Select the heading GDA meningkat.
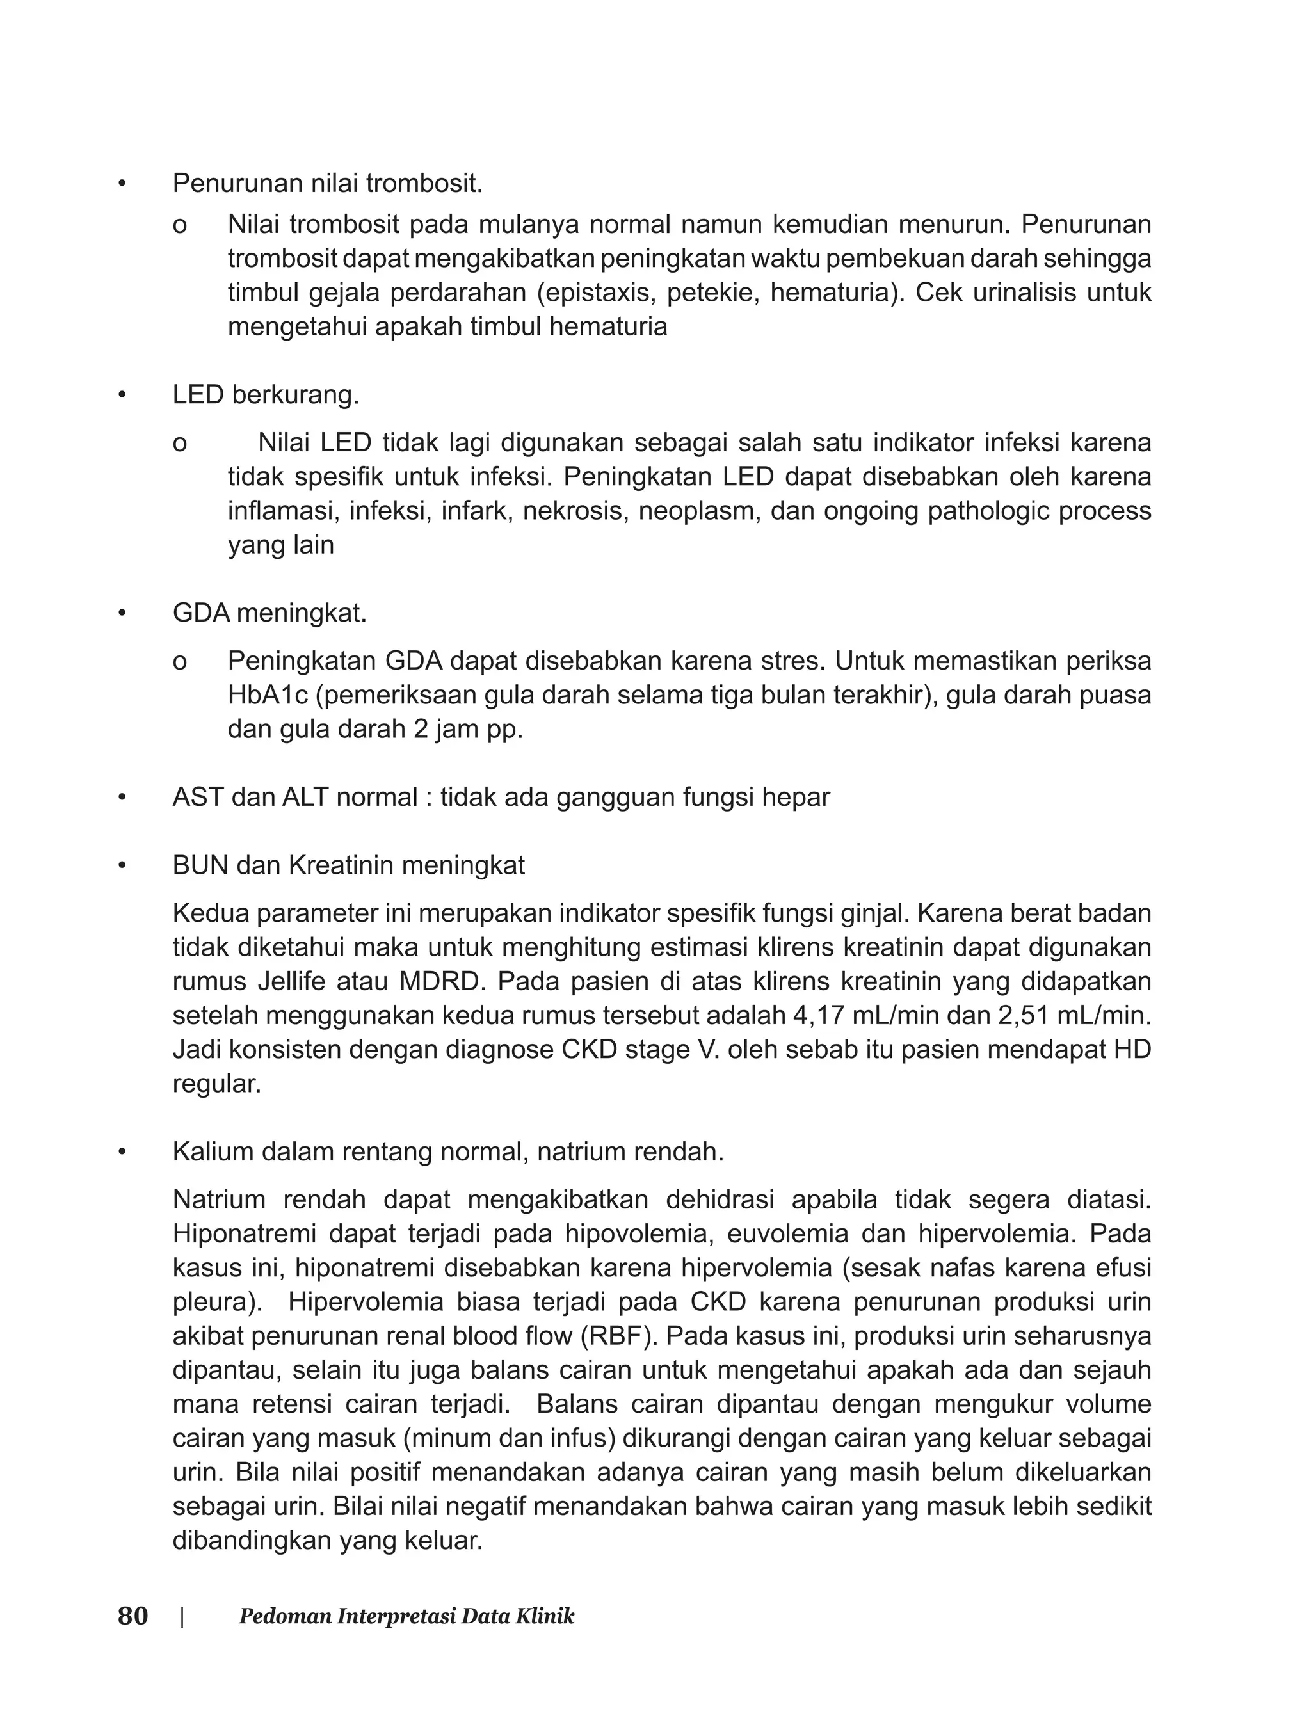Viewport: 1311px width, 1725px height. pyautogui.click(x=269, y=613)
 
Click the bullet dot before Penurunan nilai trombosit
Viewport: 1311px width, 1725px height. pyautogui.click(x=121, y=184)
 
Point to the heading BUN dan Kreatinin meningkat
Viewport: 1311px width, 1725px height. pyautogui.click(x=348, y=865)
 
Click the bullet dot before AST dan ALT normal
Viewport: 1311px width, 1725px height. pyautogui.click(x=121, y=798)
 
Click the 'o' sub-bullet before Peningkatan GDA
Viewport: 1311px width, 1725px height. pyautogui.click(x=179, y=662)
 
